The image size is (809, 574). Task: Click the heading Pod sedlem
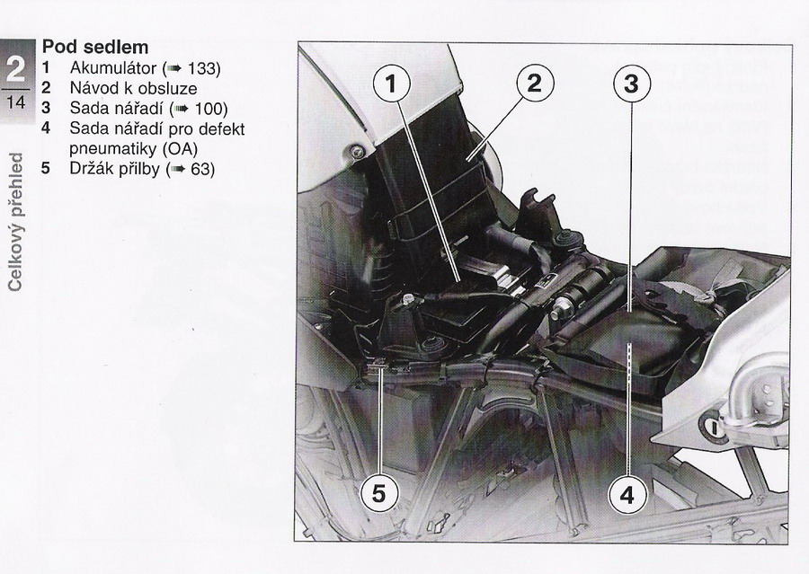(95, 47)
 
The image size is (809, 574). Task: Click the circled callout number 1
(392, 84)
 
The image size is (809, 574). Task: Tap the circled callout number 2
(535, 83)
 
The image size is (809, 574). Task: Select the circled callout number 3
(631, 84)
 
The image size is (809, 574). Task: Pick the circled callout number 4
(627, 495)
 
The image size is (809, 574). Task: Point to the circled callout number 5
(379, 493)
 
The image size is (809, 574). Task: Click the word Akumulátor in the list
(113, 67)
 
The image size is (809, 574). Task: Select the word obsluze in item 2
(168, 88)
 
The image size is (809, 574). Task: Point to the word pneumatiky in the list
(112, 149)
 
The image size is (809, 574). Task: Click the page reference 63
(200, 169)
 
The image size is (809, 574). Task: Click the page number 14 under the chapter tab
(16, 102)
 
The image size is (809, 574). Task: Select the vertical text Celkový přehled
(15, 222)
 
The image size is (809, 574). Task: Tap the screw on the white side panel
(355, 152)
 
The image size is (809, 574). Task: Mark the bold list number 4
(46, 128)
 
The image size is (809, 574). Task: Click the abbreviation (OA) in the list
(180, 149)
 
